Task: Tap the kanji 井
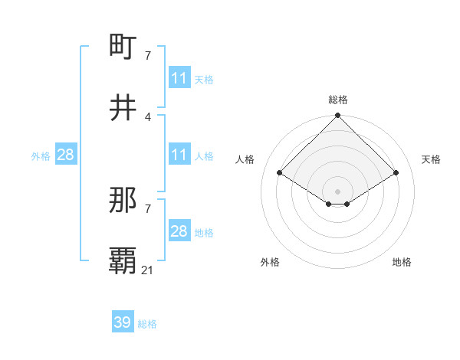point(123,106)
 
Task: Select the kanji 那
point(123,201)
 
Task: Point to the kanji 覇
point(123,260)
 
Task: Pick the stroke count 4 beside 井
point(148,116)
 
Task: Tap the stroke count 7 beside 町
point(148,56)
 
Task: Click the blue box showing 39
point(123,322)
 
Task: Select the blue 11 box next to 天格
point(179,78)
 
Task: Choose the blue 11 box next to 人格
point(179,155)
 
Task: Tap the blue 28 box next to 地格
point(179,231)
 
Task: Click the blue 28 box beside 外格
point(66,155)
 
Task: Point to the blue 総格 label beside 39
point(147,324)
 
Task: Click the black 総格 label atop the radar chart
point(338,100)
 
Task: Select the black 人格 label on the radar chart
point(245,159)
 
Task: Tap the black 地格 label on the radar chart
point(402,262)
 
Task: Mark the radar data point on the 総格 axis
point(338,116)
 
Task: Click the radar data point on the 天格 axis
point(396,173)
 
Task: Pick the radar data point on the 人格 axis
point(280,173)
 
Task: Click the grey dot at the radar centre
point(338,191)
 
